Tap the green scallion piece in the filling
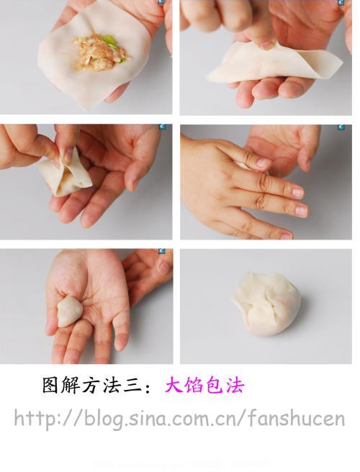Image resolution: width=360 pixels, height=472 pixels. coord(109,41)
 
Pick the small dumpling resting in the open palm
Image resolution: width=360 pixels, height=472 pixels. coord(70,312)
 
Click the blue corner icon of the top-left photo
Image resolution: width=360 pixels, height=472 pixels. coord(162,4)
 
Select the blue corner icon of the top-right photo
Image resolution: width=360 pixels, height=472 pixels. coord(341,4)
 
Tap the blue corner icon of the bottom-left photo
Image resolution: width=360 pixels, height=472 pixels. coord(162,253)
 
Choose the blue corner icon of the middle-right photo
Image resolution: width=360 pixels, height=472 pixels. coord(341,128)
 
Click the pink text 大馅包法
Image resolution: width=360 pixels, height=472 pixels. coord(204,386)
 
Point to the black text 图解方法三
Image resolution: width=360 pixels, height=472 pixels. coord(90,386)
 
